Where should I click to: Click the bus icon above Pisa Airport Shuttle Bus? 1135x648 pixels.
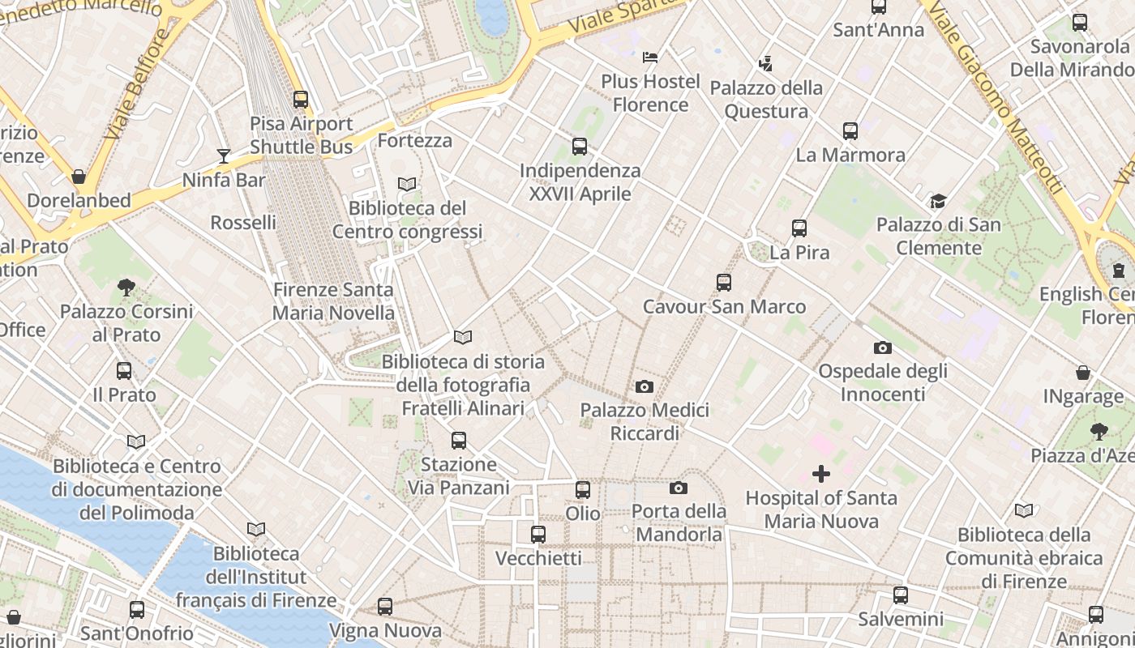(x=301, y=100)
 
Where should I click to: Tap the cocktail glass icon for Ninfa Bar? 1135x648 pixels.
(x=224, y=156)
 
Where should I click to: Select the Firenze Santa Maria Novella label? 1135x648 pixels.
(x=333, y=301)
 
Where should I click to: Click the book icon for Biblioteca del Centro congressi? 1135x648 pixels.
(x=407, y=185)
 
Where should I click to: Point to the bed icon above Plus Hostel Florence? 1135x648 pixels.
(x=650, y=57)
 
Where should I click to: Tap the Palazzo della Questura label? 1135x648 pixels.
(x=766, y=100)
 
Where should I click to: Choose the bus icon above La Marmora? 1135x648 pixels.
(x=850, y=130)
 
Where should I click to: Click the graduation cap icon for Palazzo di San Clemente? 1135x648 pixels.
(x=938, y=201)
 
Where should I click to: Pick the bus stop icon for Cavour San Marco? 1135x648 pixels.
(x=724, y=283)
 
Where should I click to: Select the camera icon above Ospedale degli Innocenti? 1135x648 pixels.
(x=883, y=348)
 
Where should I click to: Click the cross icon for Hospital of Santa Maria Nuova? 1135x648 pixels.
(x=821, y=474)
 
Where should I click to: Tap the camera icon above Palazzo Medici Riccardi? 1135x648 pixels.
(x=645, y=387)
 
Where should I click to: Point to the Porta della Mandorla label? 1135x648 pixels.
(x=679, y=523)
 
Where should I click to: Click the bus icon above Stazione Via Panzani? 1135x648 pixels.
(x=459, y=441)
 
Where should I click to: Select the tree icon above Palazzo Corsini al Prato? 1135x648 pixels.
(x=126, y=287)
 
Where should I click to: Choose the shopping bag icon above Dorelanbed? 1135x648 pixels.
(x=79, y=177)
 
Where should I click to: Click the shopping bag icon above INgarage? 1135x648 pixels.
(x=1083, y=373)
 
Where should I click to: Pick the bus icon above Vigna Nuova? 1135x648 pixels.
(x=385, y=606)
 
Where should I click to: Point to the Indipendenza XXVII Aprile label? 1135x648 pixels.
(x=580, y=182)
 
